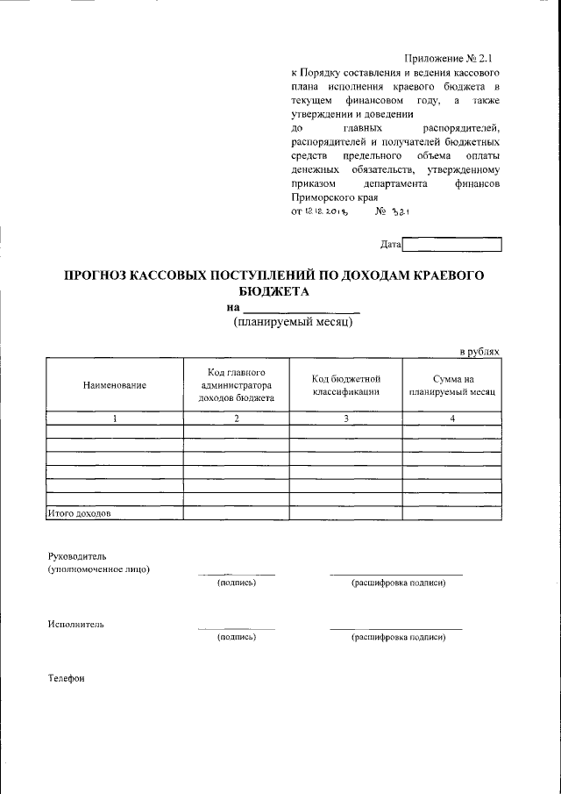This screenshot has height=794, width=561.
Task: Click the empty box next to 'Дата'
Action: pos(451,245)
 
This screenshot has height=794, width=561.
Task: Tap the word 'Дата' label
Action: pos(391,245)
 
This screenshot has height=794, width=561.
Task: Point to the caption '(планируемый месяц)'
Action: pos(293,323)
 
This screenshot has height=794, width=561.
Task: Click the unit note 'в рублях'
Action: pos(479,351)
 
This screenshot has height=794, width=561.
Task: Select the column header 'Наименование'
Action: pos(114,385)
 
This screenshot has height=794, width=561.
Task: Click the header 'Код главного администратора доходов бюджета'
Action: pos(237,384)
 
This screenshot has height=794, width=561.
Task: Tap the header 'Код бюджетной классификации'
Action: pos(345,384)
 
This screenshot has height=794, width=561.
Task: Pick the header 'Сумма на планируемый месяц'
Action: pos(452,384)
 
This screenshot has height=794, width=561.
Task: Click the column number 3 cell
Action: pos(345,418)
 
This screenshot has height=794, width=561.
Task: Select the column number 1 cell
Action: pos(114,418)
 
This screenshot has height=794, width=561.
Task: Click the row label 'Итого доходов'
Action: pos(79,513)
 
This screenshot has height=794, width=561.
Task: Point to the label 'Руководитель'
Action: pos(77,555)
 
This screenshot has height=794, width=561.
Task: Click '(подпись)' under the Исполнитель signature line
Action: pos(236,637)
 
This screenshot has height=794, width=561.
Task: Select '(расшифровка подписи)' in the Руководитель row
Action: pos(398,583)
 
